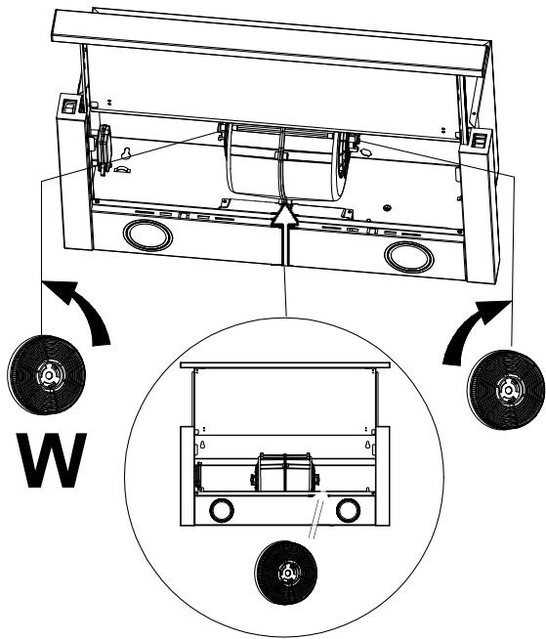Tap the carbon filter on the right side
pos(503,389)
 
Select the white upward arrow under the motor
pos(283,234)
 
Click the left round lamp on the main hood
pos(145,236)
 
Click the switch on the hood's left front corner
pos(70,110)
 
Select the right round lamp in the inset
pos(347,509)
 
